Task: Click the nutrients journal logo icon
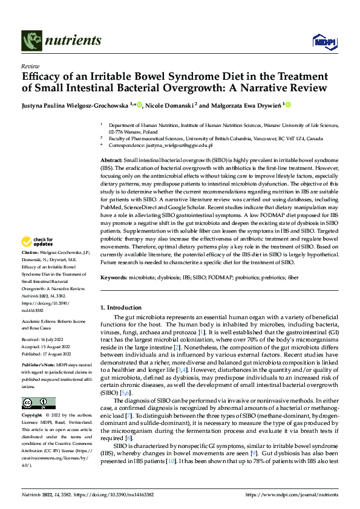pyautogui.click(x=31, y=41)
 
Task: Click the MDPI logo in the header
pyautogui.click(x=322, y=41)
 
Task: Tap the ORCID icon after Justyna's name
pyautogui.click(x=140, y=105)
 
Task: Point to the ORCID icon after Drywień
pyautogui.click(x=288, y=105)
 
